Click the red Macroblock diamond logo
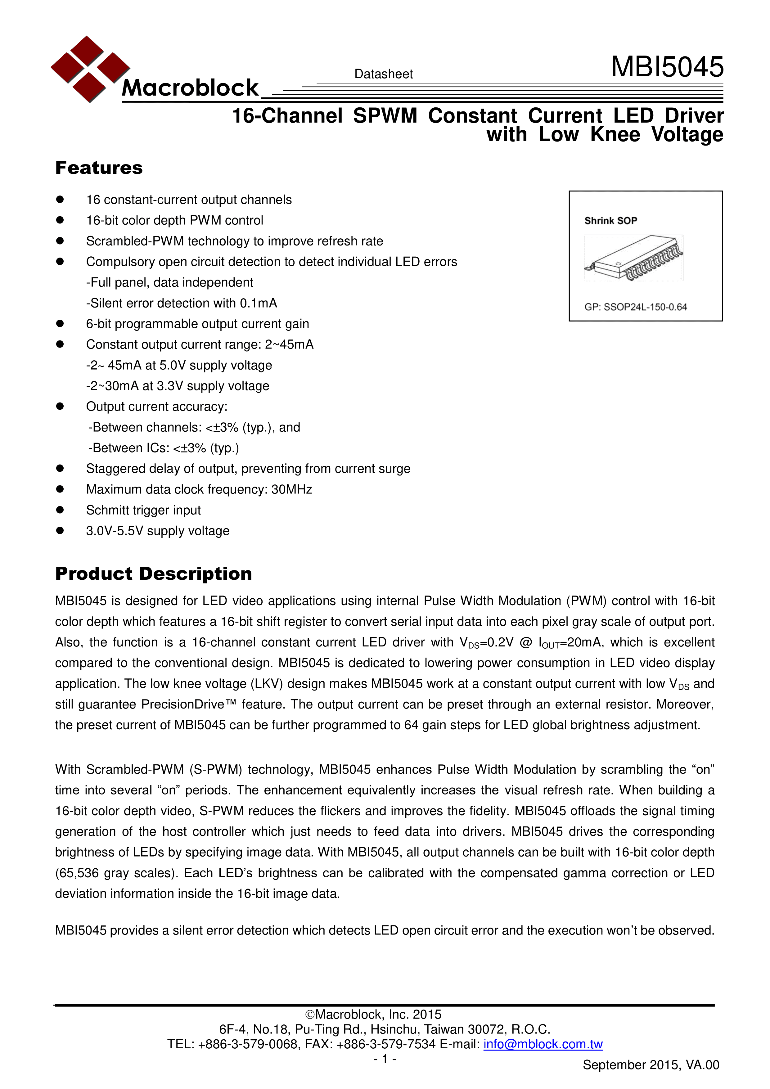pos(90,69)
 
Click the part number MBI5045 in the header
pos(667,67)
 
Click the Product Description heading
pos(153,574)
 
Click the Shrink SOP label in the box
pos(610,221)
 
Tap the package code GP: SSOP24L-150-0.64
pos(635,307)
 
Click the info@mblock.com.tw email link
pos(543,1044)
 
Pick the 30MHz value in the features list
pos(291,489)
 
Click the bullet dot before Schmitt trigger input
pos(60,510)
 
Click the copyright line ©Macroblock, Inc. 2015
pos(373,1014)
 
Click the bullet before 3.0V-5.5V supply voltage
pos(60,531)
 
